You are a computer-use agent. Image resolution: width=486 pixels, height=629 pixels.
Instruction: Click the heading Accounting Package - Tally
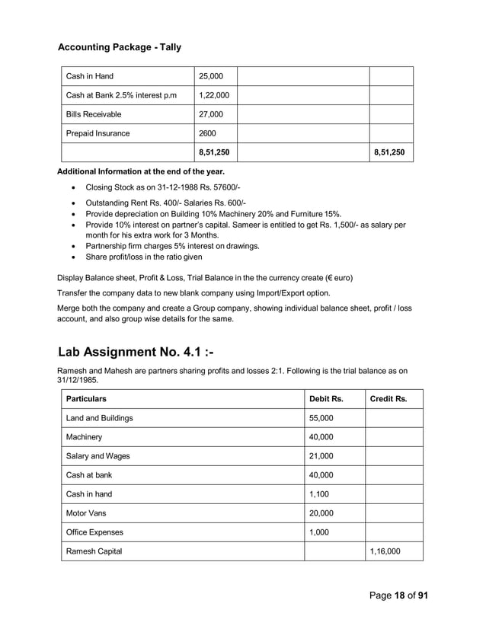click(x=120, y=47)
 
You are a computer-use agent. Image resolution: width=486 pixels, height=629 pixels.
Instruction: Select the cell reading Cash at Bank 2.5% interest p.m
click(x=121, y=95)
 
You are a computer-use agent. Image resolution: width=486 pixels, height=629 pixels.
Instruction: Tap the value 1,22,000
click(x=213, y=95)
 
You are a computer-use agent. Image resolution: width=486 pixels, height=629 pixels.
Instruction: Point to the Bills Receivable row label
click(x=94, y=114)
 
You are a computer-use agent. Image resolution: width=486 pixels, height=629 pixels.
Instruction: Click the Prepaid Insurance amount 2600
click(x=207, y=133)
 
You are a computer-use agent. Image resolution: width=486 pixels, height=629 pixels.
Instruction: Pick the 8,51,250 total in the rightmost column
click(x=389, y=152)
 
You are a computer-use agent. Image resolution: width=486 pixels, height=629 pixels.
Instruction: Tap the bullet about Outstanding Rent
click(x=165, y=203)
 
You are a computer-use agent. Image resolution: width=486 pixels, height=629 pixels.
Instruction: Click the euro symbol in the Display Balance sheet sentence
click(x=319, y=276)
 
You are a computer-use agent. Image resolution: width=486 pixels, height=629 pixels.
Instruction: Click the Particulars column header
click(x=86, y=398)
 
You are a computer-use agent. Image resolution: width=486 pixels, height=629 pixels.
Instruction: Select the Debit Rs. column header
click(x=326, y=398)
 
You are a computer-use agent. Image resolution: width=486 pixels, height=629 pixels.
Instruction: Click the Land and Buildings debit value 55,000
click(x=321, y=418)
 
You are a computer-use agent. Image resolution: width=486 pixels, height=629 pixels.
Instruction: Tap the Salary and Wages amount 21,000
click(x=321, y=456)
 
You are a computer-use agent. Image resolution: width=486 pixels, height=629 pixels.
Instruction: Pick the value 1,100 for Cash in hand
click(x=318, y=494)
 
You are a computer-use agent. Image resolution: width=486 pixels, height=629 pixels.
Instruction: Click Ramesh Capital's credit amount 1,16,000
click(x=385, y=551)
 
